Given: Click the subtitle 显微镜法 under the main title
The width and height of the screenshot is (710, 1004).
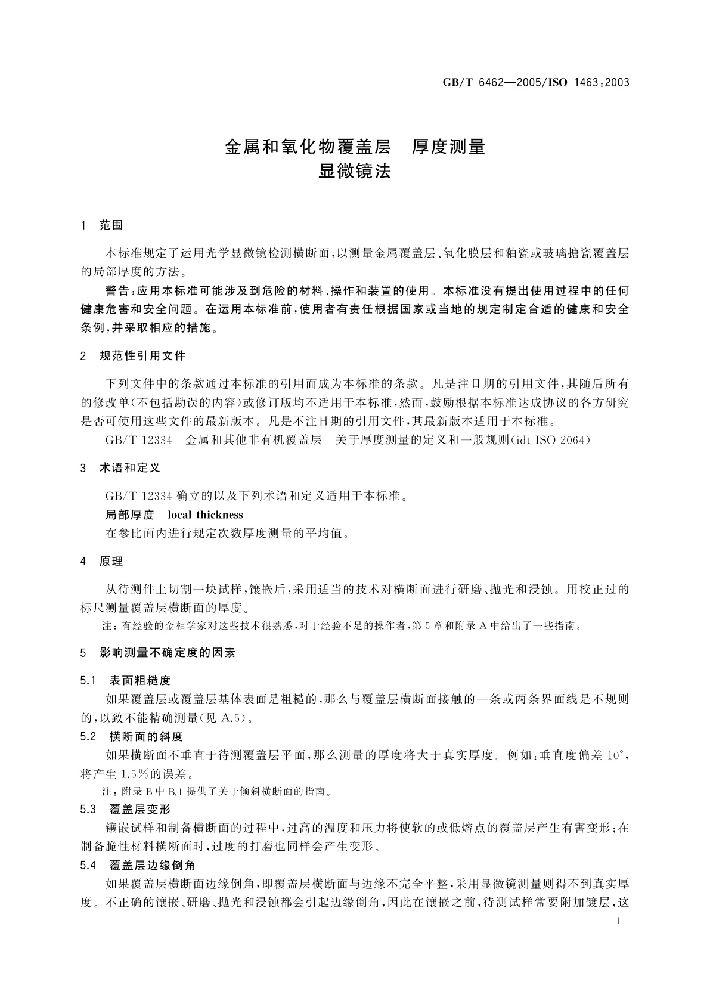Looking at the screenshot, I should [x=355, y=172].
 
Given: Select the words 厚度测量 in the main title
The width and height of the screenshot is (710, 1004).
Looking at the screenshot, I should [x=449, y=147].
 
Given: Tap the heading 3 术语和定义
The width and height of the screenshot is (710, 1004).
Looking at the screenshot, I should [x=120, y=468].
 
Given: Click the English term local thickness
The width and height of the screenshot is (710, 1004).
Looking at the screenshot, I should [x=206, y=515].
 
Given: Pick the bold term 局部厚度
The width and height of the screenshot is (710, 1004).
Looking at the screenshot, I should [x=129, y=515].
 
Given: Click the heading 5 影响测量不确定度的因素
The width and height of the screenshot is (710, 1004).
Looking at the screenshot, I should [x=158, y=653].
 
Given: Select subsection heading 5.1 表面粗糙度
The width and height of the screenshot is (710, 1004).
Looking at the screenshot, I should [x=125, y=680].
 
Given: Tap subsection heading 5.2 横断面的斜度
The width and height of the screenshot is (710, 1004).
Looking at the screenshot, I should [x=131, y=736].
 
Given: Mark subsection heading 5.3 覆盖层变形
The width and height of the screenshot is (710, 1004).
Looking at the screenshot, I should [x=125, y=809].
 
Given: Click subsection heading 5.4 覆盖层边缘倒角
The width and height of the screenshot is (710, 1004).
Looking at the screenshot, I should [x=138, y=865].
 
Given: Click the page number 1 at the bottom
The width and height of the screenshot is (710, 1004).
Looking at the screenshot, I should [x=618, y=921].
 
